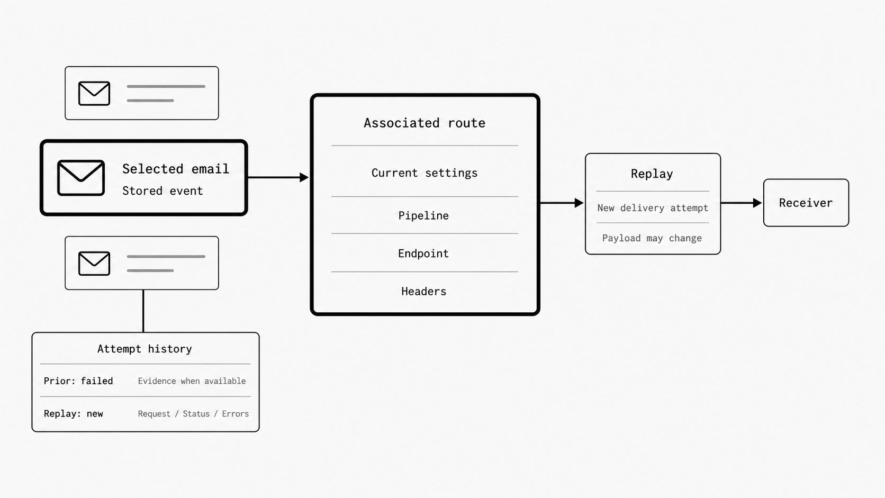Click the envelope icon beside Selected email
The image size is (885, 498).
pos(81,178)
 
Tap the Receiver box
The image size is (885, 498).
pos(806,203)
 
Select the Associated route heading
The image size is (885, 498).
pos(425,123)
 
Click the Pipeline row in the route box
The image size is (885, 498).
pos(423,215)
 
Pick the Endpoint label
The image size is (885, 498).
pos(423,253)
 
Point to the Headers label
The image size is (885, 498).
pos(423,292)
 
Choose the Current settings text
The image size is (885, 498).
pos(425,173)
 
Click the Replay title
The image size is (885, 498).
pos(652,174)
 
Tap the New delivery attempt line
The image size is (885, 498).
pos(653,208)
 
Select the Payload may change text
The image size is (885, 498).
pos(652,238)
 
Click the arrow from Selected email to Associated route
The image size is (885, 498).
pos(278,177)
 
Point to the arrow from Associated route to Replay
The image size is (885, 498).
pos(562,203)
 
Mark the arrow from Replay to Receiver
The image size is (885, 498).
pos(742,203)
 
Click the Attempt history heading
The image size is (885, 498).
pos(145,349)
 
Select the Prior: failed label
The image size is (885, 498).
pos(78,381)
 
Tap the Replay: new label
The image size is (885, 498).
pos(74,414)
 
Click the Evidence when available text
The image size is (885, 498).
pos(192,381)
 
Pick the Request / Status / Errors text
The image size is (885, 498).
pos(193,414)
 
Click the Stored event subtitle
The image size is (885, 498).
pos(162,191)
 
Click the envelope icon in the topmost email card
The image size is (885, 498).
pos(94,93)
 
